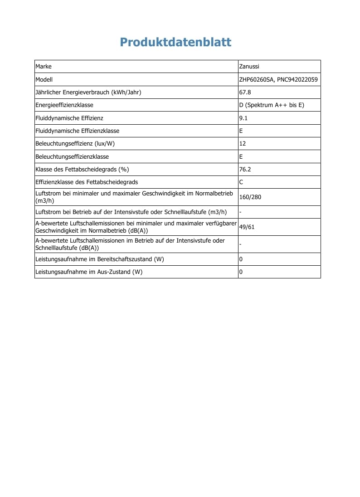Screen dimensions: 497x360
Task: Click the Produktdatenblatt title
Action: coord(175,42)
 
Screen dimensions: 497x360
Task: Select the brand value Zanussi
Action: coord(249,67)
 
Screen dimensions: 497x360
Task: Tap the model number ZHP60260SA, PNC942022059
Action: coord(278,79)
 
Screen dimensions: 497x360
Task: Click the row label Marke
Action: coord(44,67)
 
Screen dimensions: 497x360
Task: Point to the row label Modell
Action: coord(44,79)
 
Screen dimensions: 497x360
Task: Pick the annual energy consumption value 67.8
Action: coord(245,93)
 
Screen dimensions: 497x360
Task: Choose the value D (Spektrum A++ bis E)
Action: coord(271,105)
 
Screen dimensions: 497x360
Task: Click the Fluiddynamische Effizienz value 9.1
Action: coord(243,118)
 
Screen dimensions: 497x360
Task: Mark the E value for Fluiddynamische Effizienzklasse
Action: coord(241,131)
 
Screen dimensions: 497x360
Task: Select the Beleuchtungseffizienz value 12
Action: coord(242,144)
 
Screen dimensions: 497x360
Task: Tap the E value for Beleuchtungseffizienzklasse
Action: coord(241,156)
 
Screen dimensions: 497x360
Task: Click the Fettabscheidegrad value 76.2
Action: coord(245,169)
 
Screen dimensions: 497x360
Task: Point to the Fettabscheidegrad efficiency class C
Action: coord(241,182)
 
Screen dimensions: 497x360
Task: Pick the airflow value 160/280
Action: coord(250,197)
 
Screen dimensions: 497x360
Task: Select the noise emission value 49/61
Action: coord(247,227)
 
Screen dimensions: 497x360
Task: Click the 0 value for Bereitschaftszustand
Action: coord(241,259)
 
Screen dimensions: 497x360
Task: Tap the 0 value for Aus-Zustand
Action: coord(241,272)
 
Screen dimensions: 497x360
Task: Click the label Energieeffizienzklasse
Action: coord(64,105)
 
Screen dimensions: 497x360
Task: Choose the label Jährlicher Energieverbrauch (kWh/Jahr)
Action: coord(88,93)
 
